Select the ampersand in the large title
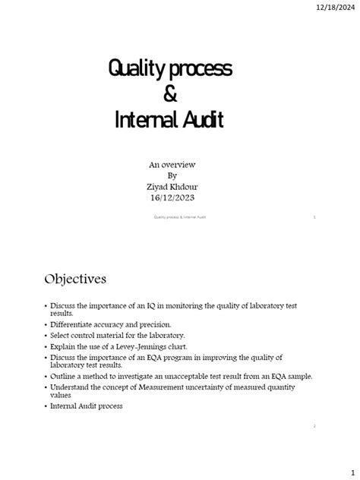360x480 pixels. [x=169, y=95]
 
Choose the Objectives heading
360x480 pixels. [x=74, y=279]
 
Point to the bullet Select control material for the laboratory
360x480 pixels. [x=117, y=334]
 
